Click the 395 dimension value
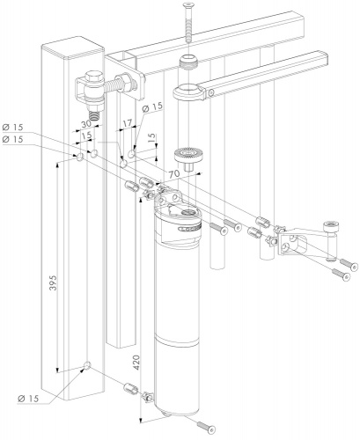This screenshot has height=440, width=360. pos(53,282)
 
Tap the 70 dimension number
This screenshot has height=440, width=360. pos(173,173)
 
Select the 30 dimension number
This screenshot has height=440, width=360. pos(86,124)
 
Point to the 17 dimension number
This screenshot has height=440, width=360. pos(127,123)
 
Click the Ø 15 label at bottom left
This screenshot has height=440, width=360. pos(28,399)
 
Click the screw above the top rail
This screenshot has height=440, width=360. pos(187,22)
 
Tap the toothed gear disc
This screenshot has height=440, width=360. pos(187,157)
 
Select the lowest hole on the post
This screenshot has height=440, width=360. pos(87,365)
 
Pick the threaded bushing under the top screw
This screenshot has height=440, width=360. pos(188,61)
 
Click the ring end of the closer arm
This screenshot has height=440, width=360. pos(188,92)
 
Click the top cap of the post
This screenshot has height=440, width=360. pos(73,48)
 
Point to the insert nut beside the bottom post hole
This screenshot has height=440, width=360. pos(131,388)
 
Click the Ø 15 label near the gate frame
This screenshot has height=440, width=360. pos(152,107)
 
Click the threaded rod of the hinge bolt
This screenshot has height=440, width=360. pos(115,84)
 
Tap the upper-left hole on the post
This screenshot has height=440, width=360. pos(80,158)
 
